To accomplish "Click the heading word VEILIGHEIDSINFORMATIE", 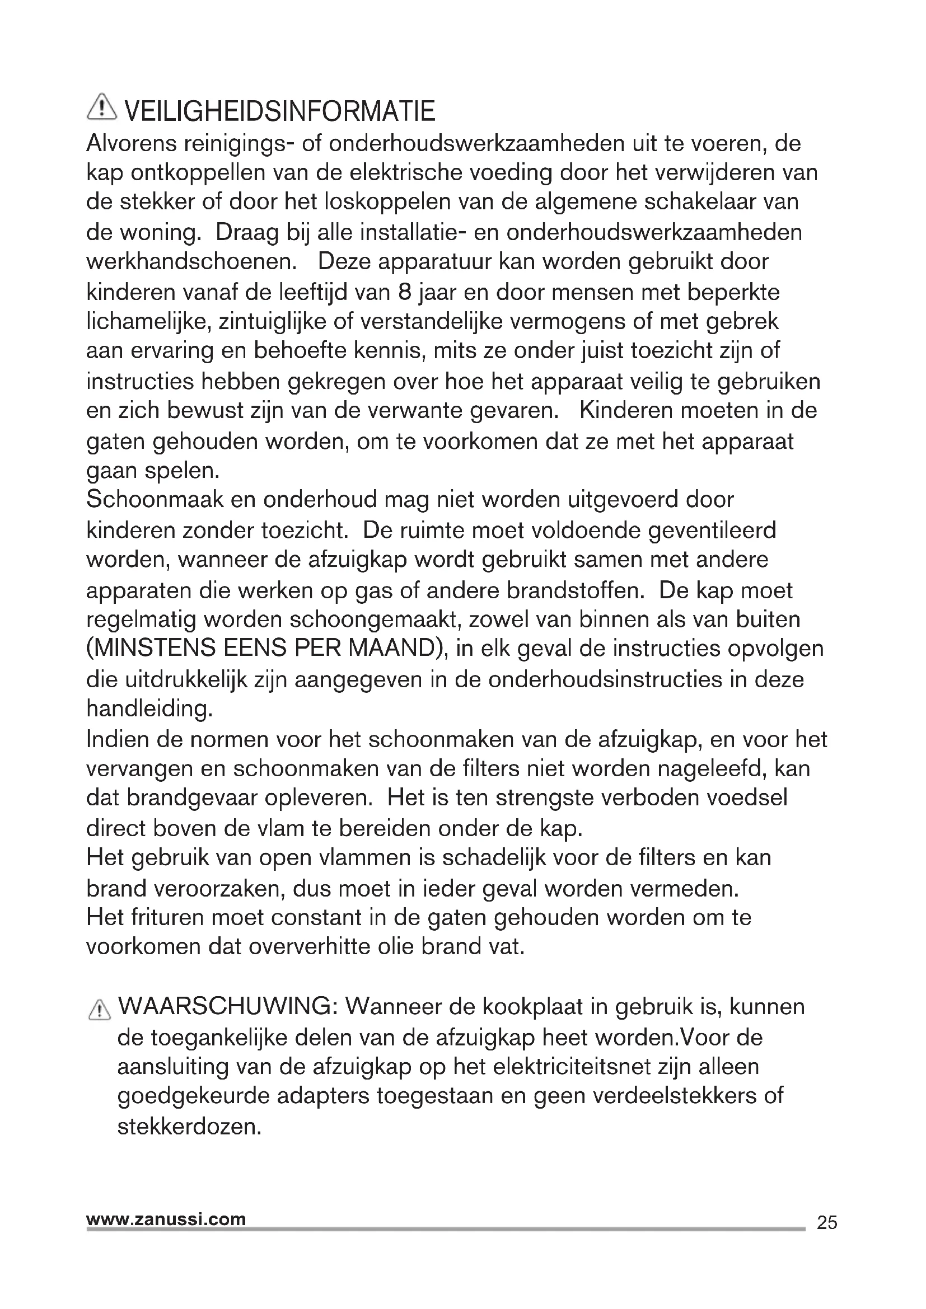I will (x=280, y=111).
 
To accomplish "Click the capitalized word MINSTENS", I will (x=151, y=649).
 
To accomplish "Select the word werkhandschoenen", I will (x=191, y=262).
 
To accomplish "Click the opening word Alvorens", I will (x=130, y=143).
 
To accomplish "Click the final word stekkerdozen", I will (x=189, y=1127).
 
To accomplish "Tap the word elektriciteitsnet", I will (x=570, y=1066).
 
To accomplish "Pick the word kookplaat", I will (x=532, y=1007).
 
